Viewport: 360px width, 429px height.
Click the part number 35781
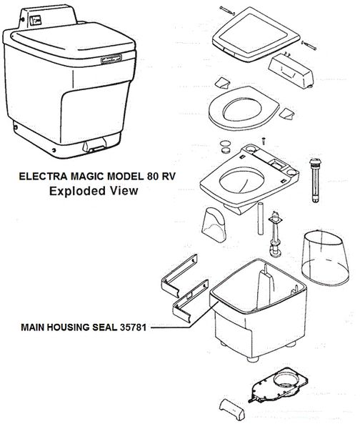pos(133,327)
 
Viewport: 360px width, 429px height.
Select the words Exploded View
pos(94,191)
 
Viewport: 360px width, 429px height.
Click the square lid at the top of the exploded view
pos(255,34)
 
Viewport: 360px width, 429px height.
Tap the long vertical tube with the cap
pos(315,180)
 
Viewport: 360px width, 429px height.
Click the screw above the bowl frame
pos(264,141)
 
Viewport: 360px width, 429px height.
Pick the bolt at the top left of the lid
pos(227,11)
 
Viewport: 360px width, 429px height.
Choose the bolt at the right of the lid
pos(309,45)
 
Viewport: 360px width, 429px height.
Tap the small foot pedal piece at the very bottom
pos(232,409)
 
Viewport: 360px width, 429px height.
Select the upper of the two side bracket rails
pos(179,275)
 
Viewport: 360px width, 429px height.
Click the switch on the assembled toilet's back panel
pos(36,21)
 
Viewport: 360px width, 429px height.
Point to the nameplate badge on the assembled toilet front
pos(111,59)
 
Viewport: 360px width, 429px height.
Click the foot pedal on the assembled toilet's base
pos(94,145)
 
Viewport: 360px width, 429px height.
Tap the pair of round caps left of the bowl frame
pos(226,147)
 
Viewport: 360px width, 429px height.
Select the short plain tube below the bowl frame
pos(260,218)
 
